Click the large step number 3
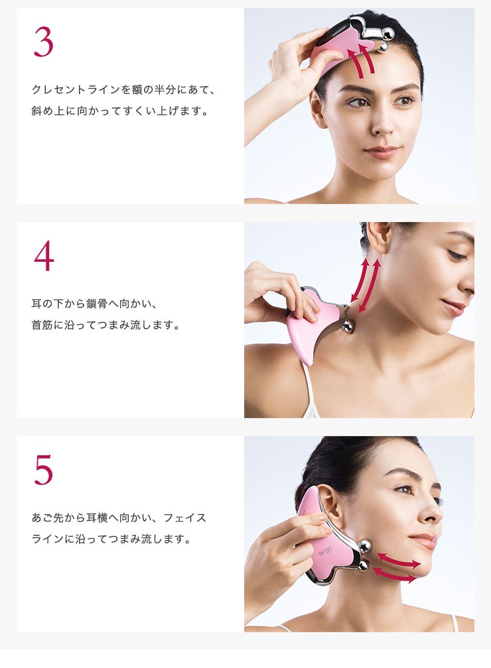pyautogui.click(x=43, y=42)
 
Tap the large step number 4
pyautogui.click(x=44, y=256)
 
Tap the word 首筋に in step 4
pyautogui.click(x=47, y=325)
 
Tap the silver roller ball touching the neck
pyautogui.click(x=347, y=327)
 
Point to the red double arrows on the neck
pyautogui.click(x=365, y=286)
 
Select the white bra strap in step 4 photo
pyautogui.click(x=309, y=390)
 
